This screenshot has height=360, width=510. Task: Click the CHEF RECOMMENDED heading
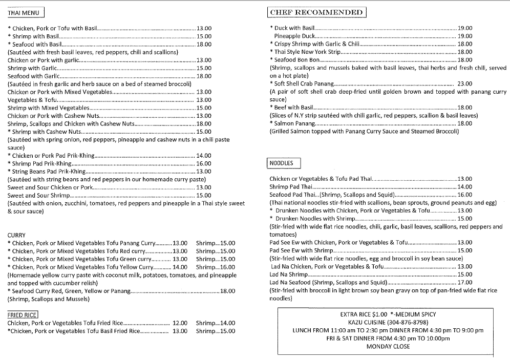(316, 12)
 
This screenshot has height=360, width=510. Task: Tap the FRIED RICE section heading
(23, 314)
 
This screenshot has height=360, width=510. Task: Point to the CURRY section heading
(17, 235)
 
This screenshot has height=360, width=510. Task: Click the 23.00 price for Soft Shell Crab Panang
(465, 84)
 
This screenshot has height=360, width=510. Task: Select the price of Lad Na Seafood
(465, 282)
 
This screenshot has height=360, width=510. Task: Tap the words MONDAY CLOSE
(388, 347)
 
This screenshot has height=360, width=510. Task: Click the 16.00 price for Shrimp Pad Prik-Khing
(204, 163)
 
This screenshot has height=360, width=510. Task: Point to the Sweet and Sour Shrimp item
(38, 195)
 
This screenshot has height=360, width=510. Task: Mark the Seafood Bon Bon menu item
(297, 60)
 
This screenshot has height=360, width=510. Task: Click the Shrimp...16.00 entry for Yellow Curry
(216, 267)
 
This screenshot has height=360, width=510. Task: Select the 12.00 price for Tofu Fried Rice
(180, 323)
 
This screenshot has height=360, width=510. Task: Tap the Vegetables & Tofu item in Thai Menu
(30, 100)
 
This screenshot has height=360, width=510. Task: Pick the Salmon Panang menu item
(293, 123)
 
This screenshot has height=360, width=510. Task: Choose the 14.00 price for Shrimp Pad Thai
(465, 187)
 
